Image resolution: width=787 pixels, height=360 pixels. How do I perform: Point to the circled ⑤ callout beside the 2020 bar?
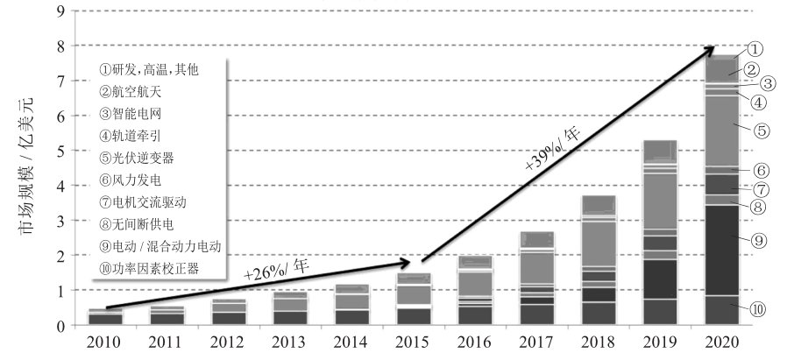pos(762,131)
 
